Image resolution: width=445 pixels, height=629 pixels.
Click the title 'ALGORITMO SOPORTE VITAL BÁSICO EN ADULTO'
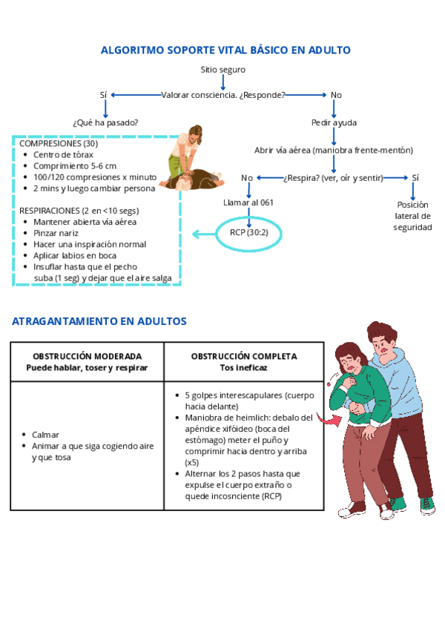225,50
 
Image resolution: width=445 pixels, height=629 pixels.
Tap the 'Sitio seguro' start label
222,70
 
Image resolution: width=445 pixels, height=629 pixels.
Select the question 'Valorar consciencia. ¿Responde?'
223,95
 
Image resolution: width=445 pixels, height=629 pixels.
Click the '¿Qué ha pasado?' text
105,122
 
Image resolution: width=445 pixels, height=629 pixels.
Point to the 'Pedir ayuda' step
334,122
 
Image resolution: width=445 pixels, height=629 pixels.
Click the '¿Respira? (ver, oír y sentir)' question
334,178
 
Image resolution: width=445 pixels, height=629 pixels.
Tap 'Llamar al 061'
248,202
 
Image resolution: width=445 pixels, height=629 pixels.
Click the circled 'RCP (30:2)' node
248,233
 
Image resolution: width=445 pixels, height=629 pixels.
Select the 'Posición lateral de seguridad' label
412,216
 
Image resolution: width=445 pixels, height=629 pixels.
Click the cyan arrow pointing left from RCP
204,234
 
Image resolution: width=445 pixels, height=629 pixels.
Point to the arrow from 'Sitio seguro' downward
223,82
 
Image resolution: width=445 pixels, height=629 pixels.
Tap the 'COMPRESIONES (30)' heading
59,144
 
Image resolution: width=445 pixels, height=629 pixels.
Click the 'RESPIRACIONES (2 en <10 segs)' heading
79,211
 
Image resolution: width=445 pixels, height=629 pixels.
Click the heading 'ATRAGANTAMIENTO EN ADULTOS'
99,321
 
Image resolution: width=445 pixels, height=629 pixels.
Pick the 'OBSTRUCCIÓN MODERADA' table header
87,357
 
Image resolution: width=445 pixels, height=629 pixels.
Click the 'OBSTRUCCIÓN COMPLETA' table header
244,357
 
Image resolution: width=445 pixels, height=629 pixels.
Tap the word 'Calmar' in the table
45,435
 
